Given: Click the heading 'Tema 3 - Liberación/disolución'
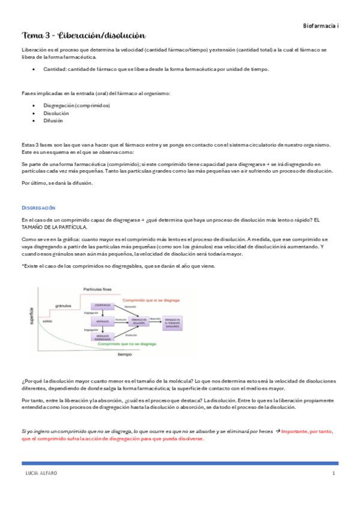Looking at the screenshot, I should click(84, 36).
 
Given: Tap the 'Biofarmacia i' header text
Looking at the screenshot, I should click(321, 26).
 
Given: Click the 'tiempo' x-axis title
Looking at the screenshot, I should click(125, 355).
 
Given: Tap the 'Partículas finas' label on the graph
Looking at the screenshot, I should click(97, 290).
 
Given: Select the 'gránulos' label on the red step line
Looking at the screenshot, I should click(64, 306).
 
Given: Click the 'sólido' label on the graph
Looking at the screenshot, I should click(47, 322).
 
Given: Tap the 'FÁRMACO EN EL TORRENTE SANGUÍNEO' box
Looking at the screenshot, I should click(173, 322).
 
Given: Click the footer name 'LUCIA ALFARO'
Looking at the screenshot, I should click(38, 474).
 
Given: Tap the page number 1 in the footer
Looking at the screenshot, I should click(333, 474).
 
